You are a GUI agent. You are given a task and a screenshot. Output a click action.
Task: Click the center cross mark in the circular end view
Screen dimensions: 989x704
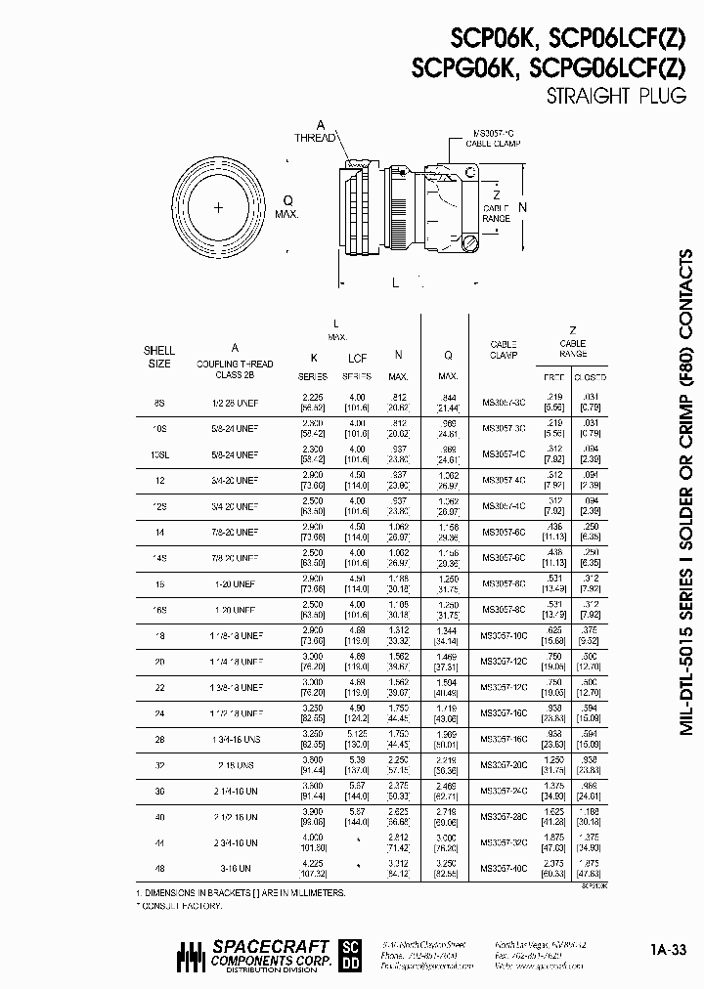tap(218, 207)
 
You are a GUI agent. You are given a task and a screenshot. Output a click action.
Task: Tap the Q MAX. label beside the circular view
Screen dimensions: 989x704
tap(286, 207)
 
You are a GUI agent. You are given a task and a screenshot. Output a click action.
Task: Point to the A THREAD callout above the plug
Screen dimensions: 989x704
tap(319, 132)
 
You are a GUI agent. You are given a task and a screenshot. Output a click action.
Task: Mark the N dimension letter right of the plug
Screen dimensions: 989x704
tap(523, 207)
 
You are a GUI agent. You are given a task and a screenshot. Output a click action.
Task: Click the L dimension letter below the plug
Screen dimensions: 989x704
tap(394, 283)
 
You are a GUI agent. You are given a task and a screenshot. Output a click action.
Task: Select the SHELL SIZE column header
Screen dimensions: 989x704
tap(159, 357)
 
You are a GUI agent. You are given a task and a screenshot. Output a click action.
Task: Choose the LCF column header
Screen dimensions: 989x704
tap(357, 358)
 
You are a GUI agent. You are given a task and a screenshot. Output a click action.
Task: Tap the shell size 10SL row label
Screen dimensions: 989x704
tap(160, 454)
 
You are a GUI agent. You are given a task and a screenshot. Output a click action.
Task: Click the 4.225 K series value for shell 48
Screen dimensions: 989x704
tap(312, 863)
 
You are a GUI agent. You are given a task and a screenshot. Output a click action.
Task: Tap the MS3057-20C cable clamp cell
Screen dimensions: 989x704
tap(504, 762)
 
